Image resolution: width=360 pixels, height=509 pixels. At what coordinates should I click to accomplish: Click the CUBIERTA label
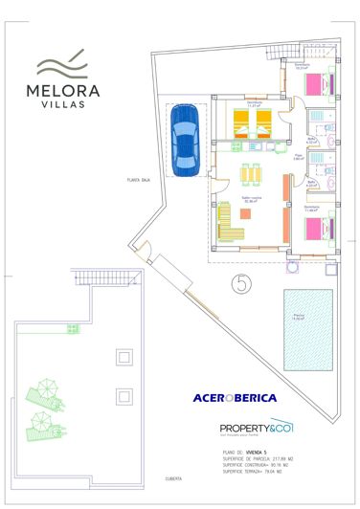point(173,478)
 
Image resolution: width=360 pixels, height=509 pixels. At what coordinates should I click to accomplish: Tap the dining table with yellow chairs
point(251,175)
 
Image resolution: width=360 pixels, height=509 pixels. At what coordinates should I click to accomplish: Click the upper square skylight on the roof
point(122,357)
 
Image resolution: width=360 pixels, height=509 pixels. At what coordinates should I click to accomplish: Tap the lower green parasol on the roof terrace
point(41,422)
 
